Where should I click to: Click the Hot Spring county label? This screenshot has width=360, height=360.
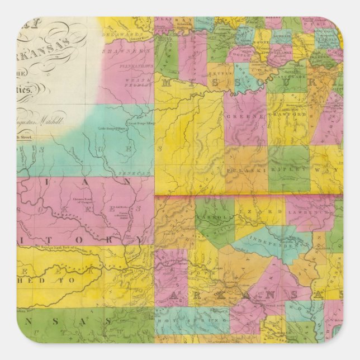pos(181,321)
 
